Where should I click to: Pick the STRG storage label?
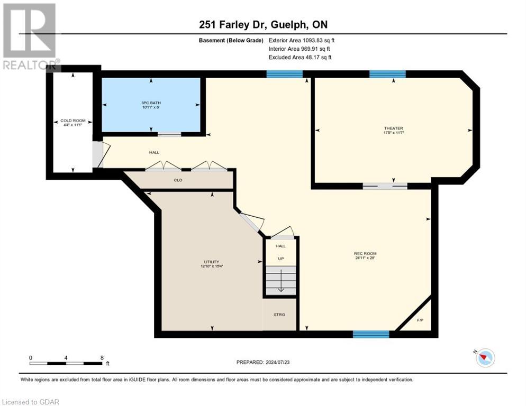(279, 315)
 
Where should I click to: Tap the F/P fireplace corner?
(420, 319)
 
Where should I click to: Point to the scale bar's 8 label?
(101, 357)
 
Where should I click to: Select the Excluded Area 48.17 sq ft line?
(300, 57)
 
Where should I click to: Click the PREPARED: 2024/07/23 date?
(263, 362)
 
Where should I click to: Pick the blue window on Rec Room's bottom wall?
(371, 334)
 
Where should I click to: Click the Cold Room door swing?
(100, 154)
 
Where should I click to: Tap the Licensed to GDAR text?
(30, 402)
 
